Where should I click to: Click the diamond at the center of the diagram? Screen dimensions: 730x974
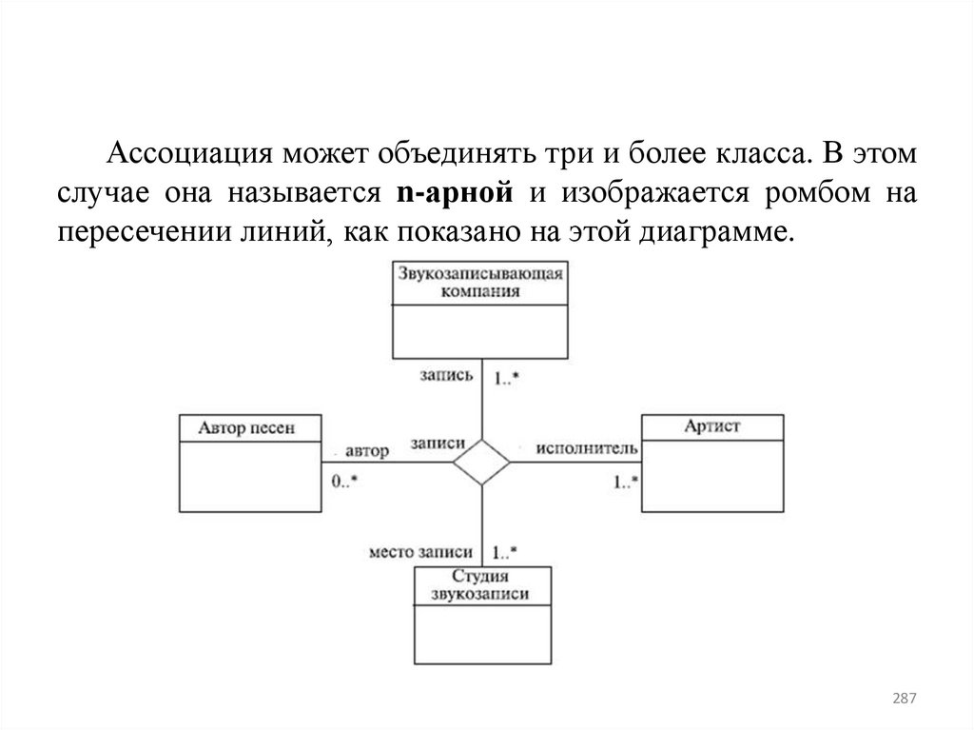[481, 463]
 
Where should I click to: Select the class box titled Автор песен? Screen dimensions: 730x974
[250, 463]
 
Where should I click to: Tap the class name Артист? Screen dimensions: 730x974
[711, 427]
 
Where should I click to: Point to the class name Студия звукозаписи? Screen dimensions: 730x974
[481, 585]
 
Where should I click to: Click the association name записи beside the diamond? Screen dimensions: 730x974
[438, 444]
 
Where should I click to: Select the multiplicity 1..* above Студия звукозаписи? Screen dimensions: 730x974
[505, 552]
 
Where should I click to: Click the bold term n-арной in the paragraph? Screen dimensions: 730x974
[453, 192]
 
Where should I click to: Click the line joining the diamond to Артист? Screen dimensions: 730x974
[575, 463]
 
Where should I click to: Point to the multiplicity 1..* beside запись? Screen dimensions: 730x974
[505, 377]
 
